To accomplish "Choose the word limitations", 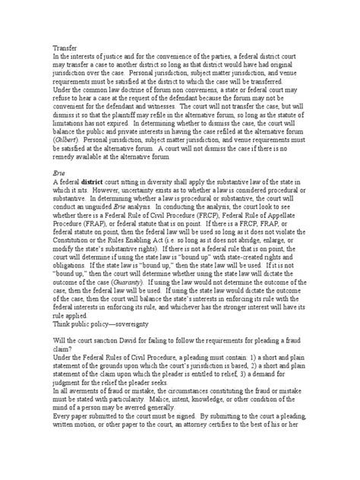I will [71, 122].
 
